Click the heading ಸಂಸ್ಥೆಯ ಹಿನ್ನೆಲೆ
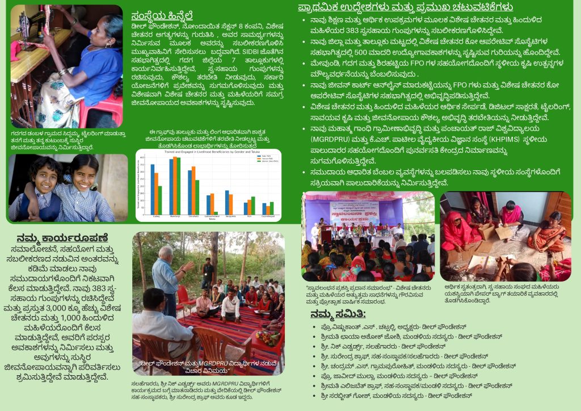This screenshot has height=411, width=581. pos(165,15)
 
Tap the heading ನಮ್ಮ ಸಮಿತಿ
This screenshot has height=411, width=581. pos(338,314)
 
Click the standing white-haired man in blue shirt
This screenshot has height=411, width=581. pos(166,278)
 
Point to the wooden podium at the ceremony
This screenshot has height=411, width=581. pos(325,234)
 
